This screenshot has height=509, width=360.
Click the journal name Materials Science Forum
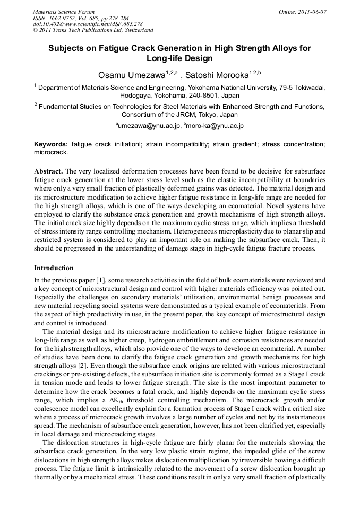point(64,12)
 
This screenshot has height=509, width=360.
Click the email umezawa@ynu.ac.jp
point(149,126)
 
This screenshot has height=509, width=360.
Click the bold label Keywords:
point(51,144)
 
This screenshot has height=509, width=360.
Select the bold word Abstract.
point(48,172)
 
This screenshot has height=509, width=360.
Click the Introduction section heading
point(54,268)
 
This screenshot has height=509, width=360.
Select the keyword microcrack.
point(50,152)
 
